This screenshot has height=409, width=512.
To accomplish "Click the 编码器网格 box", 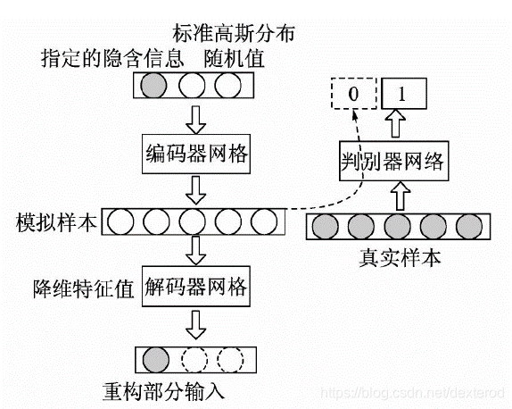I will tap(194, 156).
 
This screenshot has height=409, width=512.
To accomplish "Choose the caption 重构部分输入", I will tap(158, 390).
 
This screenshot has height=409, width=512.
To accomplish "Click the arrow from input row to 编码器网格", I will tap(194, 118).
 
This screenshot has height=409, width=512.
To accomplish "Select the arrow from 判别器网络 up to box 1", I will tap(393, 122).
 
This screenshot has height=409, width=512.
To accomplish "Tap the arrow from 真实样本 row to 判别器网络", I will tap(399, 195).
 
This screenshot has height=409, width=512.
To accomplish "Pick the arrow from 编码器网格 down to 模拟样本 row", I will tap(194, 189).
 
